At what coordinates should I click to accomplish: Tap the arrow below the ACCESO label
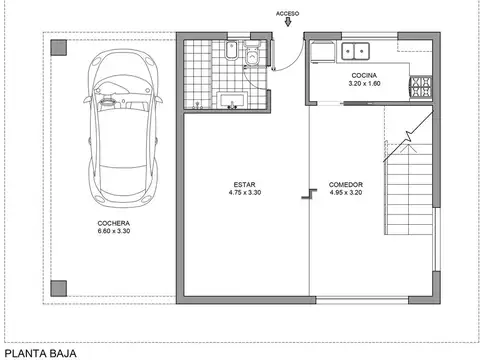point(289,26)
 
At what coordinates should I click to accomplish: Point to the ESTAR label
point(245,185)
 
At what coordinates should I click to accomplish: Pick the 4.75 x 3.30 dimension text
point(245,193)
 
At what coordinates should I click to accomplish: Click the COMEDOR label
point(345,185)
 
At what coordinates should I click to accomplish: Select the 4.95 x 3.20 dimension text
point(345,193)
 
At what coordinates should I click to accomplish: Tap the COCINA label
point(363,76)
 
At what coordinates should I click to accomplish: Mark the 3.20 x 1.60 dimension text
point(363,84)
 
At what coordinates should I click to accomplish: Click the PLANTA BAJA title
point(38,352)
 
